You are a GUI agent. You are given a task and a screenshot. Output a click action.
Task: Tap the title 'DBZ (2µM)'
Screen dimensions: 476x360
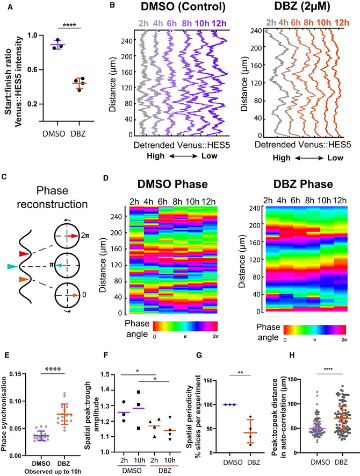click(x=297, y=10)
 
